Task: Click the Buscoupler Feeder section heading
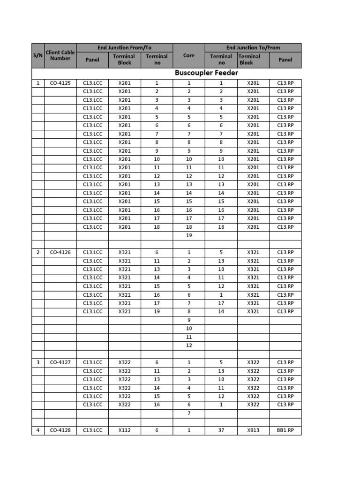click(206, 73)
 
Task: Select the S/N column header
click(37, 56)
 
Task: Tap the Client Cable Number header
click(60, 55)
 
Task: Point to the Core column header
click(189, 55)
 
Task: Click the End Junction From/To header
click(124, 47)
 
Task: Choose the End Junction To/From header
click(253, 47)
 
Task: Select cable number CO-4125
click(60, 83)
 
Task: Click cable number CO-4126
click(60, 252)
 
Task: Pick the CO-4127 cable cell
click(60, 362)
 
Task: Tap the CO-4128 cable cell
click(60, 430)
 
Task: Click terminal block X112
click(125, 430)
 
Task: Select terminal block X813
click(253, 430)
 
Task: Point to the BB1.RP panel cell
click(285, 430)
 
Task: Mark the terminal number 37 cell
click(221, 430)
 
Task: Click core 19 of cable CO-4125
click(189, 235)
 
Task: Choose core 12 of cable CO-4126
click(189, 345)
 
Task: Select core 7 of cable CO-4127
click(189, 413)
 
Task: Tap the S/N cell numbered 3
click(37, 362)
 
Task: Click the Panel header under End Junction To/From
click(285, 60)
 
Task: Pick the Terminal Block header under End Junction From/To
click(125, 60)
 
